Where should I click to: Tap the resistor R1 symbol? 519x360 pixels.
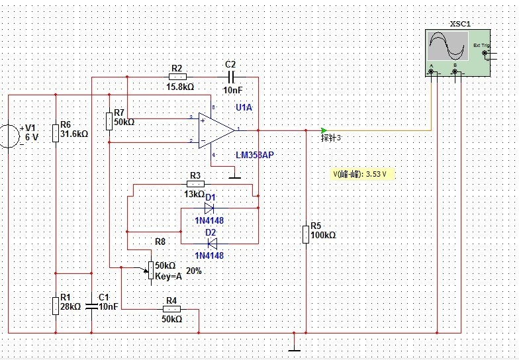56,305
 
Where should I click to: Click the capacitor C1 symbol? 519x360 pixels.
93,306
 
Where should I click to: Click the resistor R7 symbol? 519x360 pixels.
109,121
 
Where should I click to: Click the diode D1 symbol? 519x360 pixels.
209,208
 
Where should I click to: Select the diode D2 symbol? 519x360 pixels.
211,244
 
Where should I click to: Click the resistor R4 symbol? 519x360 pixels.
171,309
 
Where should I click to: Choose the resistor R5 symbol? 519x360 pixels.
306,234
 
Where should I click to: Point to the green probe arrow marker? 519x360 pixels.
324,130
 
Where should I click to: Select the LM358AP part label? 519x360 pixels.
254,155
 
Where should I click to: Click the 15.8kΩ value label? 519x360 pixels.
179,87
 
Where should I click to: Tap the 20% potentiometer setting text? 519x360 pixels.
194,271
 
